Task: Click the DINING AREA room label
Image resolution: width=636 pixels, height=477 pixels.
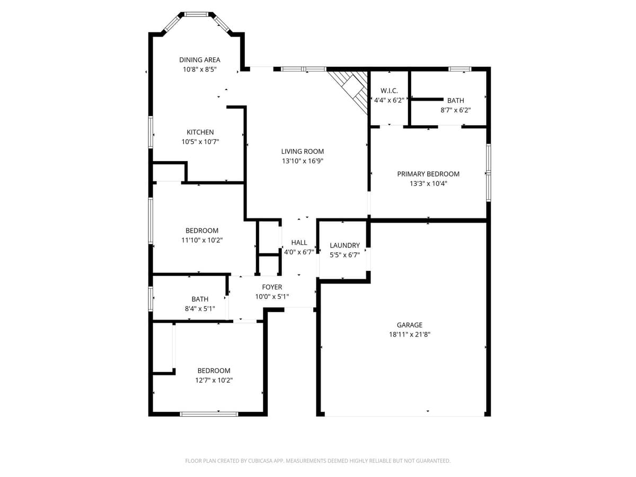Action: tap(199, 60)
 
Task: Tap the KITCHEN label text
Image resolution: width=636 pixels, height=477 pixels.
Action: tap(200, 132)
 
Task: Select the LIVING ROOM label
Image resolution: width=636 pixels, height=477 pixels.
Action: tap(302, 152)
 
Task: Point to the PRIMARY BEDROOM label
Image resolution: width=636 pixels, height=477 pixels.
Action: tap(428, 174)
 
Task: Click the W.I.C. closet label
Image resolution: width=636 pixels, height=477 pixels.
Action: tap(389, 91)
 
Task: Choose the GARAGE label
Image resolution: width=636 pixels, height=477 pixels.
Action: tap(410, 325)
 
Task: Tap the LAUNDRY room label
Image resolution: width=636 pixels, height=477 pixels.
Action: tap(344, 245)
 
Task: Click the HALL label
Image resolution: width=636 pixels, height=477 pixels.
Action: tap(299, 243)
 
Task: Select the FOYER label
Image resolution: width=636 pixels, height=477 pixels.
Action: tap(272, 287)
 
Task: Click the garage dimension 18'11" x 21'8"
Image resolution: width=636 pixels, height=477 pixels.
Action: tap(410, 334)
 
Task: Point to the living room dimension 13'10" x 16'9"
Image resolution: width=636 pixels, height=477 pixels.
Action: tap(302, 161)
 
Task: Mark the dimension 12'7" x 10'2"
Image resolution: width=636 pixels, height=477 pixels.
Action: tap(214, 380)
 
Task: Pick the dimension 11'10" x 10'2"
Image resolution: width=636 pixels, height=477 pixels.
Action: tap(202, 240)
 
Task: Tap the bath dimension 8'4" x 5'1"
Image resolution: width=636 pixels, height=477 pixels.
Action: tap(200, 308)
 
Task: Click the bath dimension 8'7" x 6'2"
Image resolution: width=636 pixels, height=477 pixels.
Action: tap(455, 110)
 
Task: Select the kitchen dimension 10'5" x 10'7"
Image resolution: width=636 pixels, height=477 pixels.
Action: tap(200, 142)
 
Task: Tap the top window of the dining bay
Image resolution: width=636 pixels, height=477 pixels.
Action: tap(196, 14)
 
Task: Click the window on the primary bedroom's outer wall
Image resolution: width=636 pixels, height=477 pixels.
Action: tap(489, 172)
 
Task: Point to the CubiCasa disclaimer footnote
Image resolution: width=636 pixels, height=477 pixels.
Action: tap(318, 461)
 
